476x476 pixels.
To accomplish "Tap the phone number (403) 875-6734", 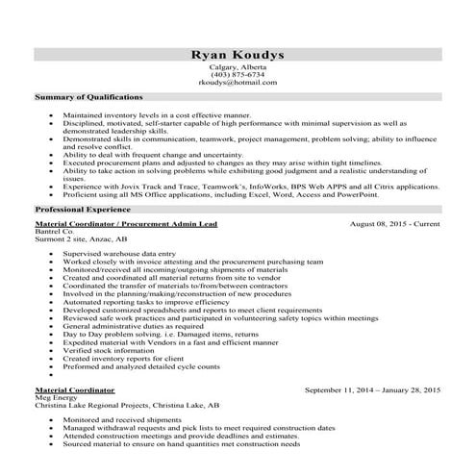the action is [x=238, y=75].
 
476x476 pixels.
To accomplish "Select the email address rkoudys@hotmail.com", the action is [x=238, y=83].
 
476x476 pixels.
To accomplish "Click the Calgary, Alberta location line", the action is [x=238, y=67].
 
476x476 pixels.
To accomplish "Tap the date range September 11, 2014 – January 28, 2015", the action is [x=371, y=391].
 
